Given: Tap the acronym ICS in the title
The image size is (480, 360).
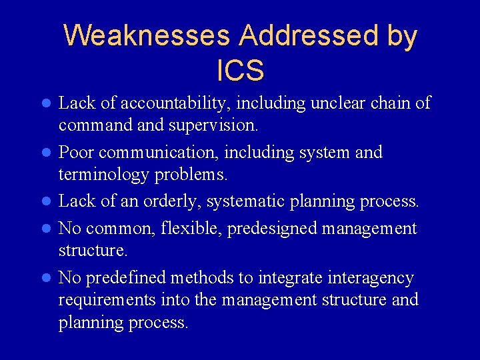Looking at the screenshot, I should coord(240,69).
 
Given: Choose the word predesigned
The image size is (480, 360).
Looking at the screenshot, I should coord(273,229).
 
